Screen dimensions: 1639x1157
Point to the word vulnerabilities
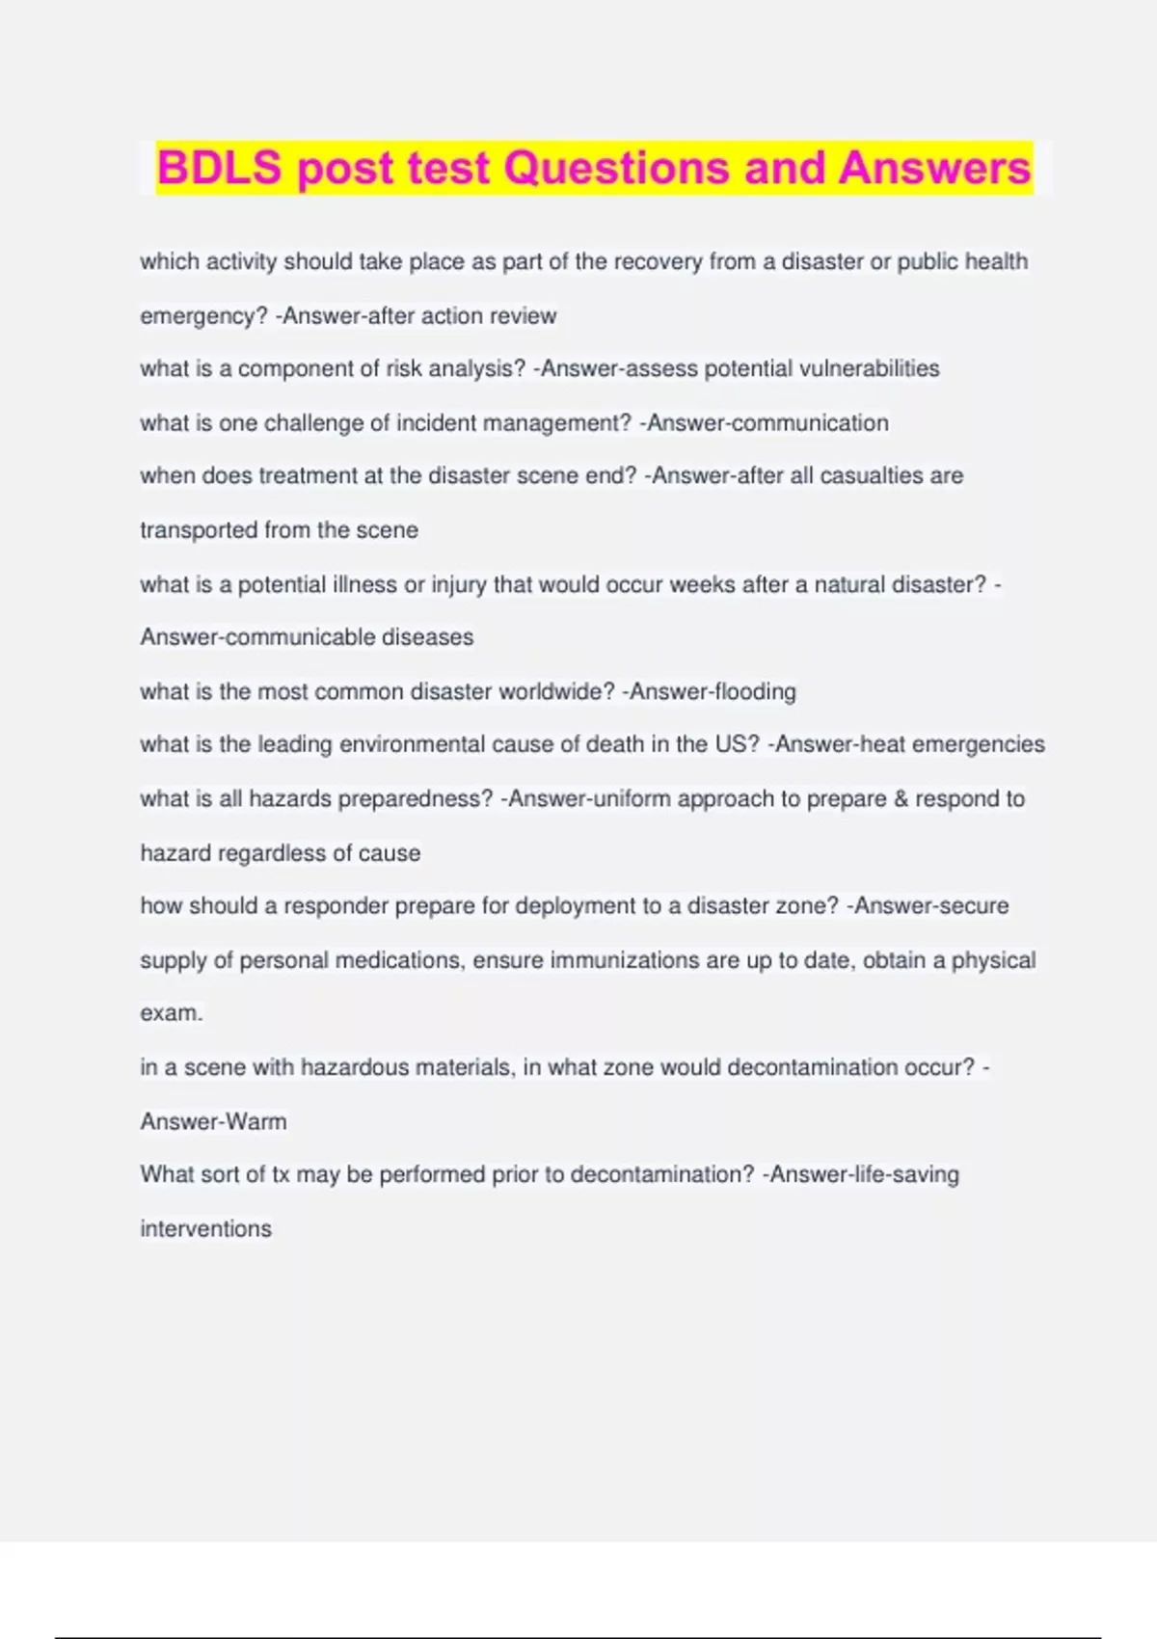pos(870,368)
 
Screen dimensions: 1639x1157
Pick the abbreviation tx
pos(281,1174)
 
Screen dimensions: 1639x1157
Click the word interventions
pos(205,1229)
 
